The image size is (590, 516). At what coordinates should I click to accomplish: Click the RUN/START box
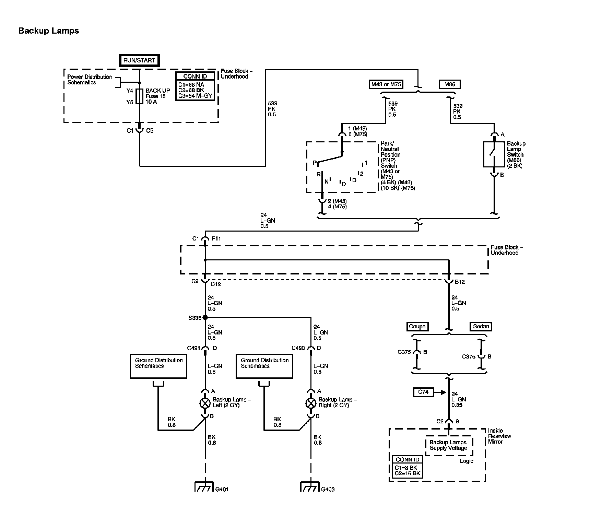(x=139, y=60)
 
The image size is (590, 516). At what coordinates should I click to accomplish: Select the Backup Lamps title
(x=49, y=31)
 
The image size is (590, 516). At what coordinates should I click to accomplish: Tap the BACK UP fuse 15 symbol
(x=139, y=96)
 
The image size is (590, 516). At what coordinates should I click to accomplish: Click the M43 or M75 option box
(x=386, y=84)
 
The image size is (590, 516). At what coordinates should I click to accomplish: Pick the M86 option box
(x=450, y=84)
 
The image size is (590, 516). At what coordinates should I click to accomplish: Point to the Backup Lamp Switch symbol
(x=494, y=154)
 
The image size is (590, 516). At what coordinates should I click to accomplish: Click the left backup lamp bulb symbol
(x=205, y=403)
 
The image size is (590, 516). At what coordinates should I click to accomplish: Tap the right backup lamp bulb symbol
(x=311, y=403)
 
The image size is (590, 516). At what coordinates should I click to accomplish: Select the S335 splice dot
(x=205, y=317)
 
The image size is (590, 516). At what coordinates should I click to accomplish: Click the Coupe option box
(x=417, y=327)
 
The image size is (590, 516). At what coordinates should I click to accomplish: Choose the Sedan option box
(x=481, y=327)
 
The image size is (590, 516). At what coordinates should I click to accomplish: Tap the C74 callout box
(x=423, y=392)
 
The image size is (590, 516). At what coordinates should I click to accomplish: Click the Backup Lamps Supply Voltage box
(x=449, y=446)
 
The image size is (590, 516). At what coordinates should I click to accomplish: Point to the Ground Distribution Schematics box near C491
(x=158, y=366)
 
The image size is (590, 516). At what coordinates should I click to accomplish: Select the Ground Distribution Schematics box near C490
(x=264, y=366)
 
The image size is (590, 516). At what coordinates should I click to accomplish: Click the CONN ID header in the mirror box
(x=408, y=460)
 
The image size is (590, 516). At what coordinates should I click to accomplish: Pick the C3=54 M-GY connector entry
(x=195, y=96)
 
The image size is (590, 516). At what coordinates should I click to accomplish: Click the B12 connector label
(x=460, y=282)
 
